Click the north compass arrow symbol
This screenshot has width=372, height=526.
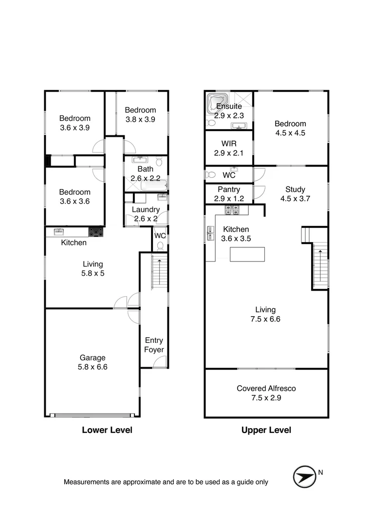[x=304, y=476]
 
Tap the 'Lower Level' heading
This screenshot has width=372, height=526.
[x=107, y=430]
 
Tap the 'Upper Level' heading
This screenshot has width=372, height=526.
[x=266, y=430]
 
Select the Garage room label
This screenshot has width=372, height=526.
[x=93, y=358]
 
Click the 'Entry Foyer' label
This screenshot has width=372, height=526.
[x=154, y=345]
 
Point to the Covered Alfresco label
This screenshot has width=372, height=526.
[x=266, y=388]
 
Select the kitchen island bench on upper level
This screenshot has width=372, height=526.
[x=247, y=254]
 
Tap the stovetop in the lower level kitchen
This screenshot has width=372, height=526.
[x=96, y=232]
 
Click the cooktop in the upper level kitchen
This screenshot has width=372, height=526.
[x=232, y=210]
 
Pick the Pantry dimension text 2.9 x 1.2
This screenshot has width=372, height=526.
[x=228, y=199]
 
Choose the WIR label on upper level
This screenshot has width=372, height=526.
[x=228, y=144]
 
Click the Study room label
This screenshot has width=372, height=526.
[x=296, y=189]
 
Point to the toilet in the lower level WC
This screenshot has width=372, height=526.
[x=160, y=246]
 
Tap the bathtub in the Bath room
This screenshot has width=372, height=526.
[x=155, y=185]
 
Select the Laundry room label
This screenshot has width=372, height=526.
[x=145, y=209]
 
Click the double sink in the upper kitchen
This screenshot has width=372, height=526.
[x=210, y=233]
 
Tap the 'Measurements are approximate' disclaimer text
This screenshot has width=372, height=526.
[x=166, y=482]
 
